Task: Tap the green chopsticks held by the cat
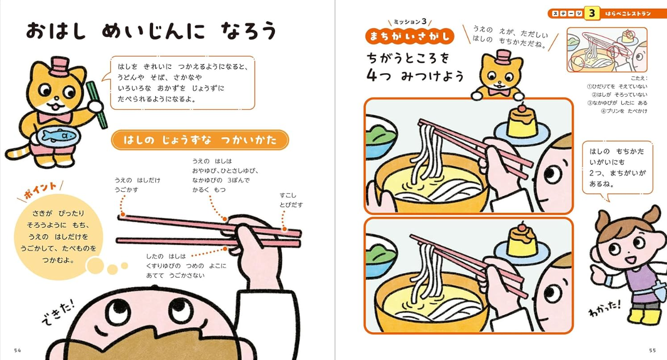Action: pyautogui.click(x=97, y=105)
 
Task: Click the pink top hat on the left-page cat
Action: pyautogui.click(x=59, y=67)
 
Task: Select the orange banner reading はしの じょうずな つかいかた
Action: pyautogui.click(x=200, y=140)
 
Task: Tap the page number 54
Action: pyautogui.click(x=17, y=351)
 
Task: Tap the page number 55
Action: pyautogui.click(x=652, y=351)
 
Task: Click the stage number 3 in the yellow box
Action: pyautogui.click(x=592, y=13)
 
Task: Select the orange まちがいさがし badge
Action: pyautogui.click(x=410, y=36)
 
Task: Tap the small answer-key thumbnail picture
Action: pyautogui.click(x=607, y=50)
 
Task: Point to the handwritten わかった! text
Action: pyautogui.click(x=605, y=309)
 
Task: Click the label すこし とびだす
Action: pyautogui.click(x=291, y=200)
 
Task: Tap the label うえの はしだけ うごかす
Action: pyautogui.click(x=137, y=185)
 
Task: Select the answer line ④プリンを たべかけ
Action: pyautogui.click(x=624, y=111)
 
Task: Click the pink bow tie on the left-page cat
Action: pyautogui.click(x=55, y=117)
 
